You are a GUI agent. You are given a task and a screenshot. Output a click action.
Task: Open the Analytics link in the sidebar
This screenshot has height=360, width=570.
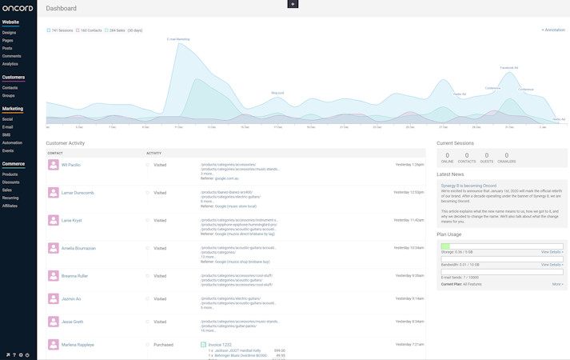point(10,64)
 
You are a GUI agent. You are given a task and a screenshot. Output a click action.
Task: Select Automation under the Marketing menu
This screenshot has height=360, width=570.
point(12,142)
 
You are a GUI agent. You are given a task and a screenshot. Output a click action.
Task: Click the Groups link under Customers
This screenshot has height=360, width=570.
point(8,95)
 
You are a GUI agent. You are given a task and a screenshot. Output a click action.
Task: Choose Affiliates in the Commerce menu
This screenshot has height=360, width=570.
point(10,206)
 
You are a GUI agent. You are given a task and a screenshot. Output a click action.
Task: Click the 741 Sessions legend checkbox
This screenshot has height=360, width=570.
point(49,30)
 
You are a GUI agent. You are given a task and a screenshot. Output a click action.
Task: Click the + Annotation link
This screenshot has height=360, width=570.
point(552,30)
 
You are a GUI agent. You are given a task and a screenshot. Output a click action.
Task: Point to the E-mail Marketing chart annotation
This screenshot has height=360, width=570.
point(178,38)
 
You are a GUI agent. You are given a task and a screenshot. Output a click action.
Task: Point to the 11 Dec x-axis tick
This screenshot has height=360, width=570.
point(211,127)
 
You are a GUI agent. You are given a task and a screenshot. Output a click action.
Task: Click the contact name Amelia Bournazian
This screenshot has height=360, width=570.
point(78,248)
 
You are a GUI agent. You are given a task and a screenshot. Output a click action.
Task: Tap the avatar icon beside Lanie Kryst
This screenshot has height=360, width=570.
point(53,220)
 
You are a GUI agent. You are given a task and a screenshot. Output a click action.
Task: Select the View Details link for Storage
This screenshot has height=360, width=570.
point(552,252)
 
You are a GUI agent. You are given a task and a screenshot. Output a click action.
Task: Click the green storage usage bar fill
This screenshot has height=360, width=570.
point(445,246)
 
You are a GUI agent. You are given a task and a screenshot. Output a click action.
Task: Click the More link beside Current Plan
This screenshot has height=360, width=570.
point(557,283)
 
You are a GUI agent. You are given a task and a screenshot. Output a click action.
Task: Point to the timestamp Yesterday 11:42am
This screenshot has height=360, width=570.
point(409,220)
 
